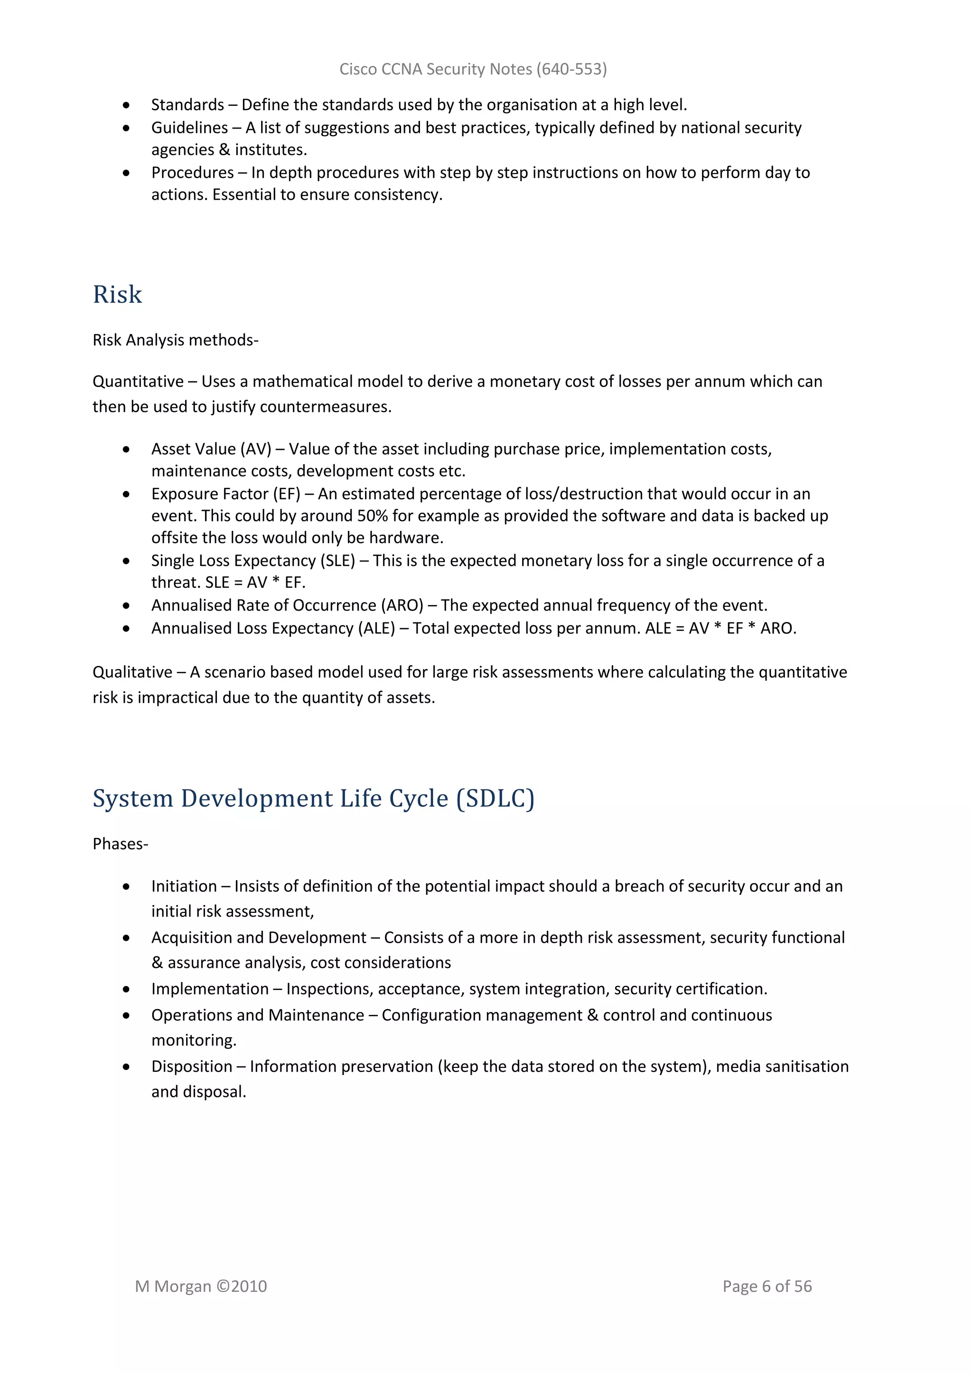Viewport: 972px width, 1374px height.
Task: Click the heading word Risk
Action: pyautogui.click(x=117, y=295)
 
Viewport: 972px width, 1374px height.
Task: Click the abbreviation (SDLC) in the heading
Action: pyautogui.click(x=495, y=798)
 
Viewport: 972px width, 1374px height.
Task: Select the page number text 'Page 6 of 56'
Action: pyautogui.click(x=766, y=1286)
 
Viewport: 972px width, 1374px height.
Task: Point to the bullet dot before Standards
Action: pyautogui.click(x=126, y=105)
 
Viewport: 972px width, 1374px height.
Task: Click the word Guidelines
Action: pyautogui.click(x=189, y=128)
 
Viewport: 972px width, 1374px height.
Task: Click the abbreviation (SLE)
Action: pyautogui.click(x=338, y=561)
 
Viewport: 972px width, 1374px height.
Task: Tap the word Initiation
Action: pyautogui.click(x=184, y=886)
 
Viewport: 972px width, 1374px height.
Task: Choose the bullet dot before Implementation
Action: pyautogui.click(x=126, y=989)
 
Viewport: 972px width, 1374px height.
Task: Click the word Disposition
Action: pyautogui.click(x=192, y=1067)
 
